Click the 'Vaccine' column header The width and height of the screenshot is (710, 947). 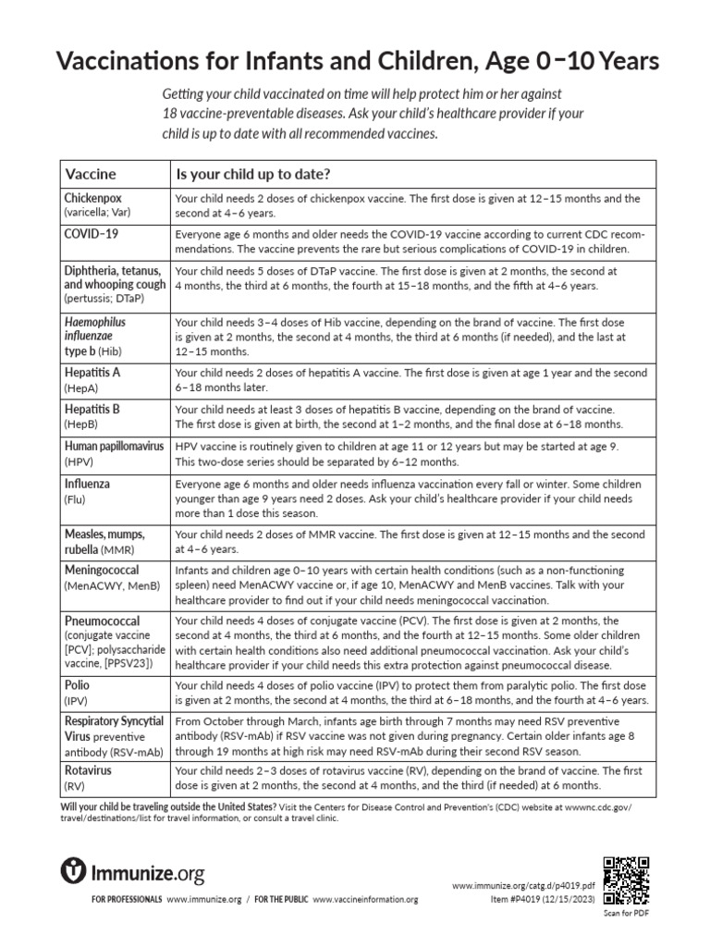point(90,174)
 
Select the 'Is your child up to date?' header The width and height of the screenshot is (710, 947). point(253,174)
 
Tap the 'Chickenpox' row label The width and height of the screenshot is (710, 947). point(92,198)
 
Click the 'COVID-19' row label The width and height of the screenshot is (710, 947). point(91,234)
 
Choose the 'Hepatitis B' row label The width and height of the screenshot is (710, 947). point(92,408)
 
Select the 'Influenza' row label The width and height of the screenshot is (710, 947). point(87,483)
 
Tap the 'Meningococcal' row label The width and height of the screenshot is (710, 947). point(102,572)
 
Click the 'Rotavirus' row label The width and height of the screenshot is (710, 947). point(89,769)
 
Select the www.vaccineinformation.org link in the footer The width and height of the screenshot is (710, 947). point(365,899)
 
